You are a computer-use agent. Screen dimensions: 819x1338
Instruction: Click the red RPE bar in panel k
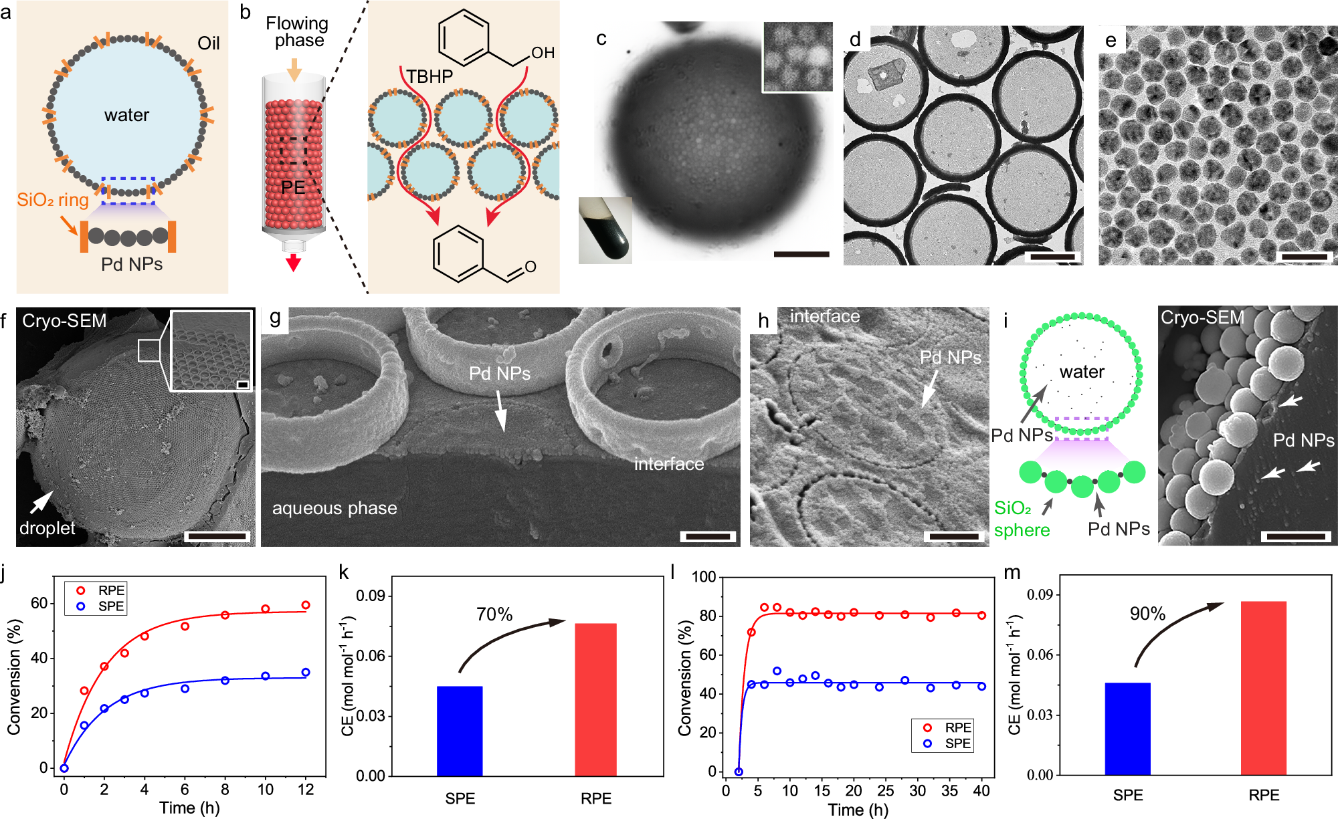[x=595, y=699]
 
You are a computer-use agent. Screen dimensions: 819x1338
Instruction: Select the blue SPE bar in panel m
[x=1127, y=729]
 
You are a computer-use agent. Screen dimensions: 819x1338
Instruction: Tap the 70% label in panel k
[x=494, y=614]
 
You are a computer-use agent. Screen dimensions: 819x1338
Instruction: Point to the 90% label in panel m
[x=1147, y=614]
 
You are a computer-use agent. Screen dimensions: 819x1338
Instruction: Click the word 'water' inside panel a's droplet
[x=126, y=115]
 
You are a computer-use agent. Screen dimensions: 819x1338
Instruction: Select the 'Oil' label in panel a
[x=208, y=43]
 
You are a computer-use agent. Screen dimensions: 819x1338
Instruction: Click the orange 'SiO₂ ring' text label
[x=52, y=200]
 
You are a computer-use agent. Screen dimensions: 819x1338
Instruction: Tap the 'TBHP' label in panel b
[x=429, y=77]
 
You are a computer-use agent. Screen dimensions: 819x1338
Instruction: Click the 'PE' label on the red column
[x=293, y=188]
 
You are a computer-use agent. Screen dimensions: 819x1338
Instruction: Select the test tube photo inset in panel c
[x=605, y=230]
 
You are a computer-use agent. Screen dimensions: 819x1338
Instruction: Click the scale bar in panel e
[x=1305, y=256]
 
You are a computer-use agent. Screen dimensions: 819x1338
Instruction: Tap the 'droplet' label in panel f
[x=47, y=528]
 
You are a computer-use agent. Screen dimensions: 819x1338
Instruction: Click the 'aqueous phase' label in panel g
[x=334, y=508]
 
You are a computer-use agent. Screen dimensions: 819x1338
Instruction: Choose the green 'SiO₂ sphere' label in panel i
[x=1022, y=519]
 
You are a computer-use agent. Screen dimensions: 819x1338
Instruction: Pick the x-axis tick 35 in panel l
[x=949, y=791]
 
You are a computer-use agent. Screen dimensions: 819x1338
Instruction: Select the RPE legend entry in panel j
[x=102, y=590]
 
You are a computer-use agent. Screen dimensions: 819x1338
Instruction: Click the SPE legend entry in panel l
[x=949, y=743]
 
